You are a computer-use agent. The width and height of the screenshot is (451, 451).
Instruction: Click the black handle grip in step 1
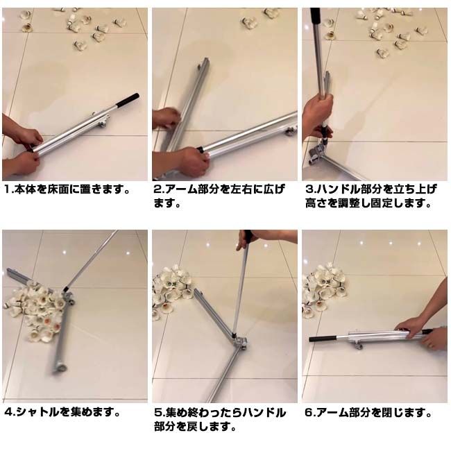coord(128,100)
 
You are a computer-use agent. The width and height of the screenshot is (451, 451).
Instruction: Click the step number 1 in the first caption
coord(7,189)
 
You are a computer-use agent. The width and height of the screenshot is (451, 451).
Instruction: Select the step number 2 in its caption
coord(158,189)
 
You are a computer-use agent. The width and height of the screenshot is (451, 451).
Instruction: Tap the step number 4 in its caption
coord(8,412)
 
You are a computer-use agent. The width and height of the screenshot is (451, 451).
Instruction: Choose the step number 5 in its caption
coord(158,413)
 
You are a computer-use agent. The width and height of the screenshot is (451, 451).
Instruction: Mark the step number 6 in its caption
coord(309,413)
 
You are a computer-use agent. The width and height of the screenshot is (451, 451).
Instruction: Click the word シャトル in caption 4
coord(38,412)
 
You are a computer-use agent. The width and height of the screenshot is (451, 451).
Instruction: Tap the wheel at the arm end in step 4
coord(60,368)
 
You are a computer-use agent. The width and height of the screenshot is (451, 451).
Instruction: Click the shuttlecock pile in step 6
coord(325,289)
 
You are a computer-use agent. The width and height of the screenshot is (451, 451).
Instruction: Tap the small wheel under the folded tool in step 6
coord(359,345)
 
